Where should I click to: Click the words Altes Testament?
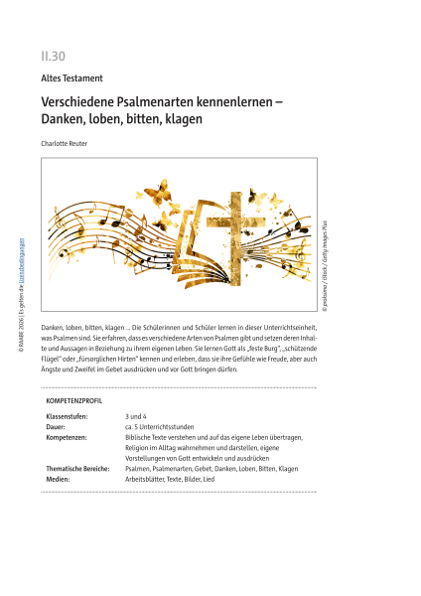(72, 76)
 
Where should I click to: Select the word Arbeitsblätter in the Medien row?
(146, 479)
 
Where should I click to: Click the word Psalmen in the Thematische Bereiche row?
(140, 468)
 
